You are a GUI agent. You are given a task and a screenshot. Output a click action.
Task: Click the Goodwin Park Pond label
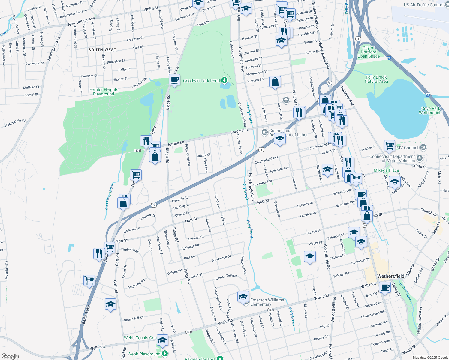click(201, 81)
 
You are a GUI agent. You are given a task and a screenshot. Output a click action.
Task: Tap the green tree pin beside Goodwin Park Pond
click(224, 80)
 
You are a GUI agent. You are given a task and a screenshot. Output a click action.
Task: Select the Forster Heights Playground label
click(104, 92)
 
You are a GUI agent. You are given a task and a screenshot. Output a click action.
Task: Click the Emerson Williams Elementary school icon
click(243, 297)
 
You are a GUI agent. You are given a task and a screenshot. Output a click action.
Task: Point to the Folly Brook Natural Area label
click(376, 79)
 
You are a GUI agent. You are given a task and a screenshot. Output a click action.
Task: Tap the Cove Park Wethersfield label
click(431, 110)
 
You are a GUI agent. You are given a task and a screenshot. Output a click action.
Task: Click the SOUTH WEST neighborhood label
click(102, 50)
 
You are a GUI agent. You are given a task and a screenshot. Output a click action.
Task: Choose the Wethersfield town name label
click(391, 276)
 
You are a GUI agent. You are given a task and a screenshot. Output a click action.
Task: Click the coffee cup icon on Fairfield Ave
click(174, 80)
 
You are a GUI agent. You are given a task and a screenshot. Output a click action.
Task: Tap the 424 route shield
click(137, 151)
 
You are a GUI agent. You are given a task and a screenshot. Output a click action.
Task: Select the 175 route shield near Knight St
click(270, 310)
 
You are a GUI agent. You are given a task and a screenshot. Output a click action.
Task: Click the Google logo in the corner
click(10, 356)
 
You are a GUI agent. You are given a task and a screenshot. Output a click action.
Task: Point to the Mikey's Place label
click(386, 170)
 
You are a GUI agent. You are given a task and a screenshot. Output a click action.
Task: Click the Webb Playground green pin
click(164, 354)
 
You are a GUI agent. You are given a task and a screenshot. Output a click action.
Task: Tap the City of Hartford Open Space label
click(369, 52)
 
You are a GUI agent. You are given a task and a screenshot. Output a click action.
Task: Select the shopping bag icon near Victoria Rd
click(275, 82)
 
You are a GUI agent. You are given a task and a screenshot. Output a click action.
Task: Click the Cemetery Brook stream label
click(110, 196)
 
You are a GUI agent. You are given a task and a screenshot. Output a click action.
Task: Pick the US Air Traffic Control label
click(423, 5)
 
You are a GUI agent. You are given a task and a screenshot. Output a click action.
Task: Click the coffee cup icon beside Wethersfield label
click(385, 287)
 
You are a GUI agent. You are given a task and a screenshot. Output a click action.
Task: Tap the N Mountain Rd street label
click(15, 123)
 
